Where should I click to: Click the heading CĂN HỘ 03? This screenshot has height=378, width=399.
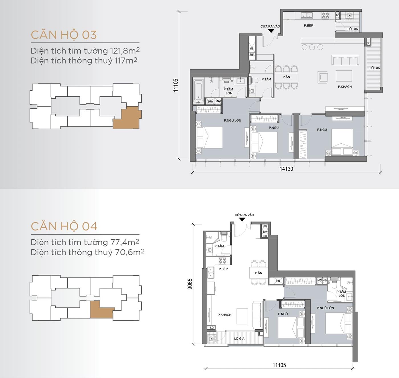64,35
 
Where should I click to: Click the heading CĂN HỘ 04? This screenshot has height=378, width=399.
64,226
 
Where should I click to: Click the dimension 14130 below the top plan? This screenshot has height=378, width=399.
286,169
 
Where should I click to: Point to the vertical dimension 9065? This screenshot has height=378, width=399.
190,284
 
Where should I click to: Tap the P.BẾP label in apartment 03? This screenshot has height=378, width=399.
308,26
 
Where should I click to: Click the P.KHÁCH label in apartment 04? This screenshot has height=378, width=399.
224,315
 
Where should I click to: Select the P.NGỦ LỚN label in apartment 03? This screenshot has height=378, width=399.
232,121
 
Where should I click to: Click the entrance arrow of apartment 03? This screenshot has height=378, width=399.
271,31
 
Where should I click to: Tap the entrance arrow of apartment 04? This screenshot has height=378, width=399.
242,220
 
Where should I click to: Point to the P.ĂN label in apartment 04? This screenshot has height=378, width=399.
258,273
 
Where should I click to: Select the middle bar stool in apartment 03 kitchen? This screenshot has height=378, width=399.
312,47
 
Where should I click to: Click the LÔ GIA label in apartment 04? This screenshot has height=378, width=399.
239,339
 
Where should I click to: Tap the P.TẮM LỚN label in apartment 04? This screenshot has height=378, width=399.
341,294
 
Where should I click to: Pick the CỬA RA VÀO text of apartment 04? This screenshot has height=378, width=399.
244,215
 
